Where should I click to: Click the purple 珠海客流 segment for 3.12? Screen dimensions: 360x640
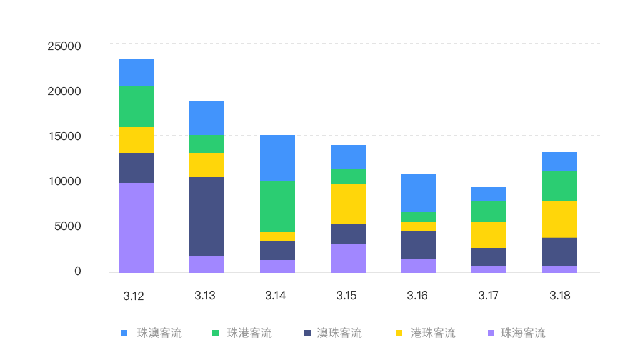[136, 227]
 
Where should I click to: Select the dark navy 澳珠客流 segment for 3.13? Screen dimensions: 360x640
[207, 216]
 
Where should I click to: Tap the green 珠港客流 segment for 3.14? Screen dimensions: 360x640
[277, 206]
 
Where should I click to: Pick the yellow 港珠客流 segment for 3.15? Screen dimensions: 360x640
[348, 204]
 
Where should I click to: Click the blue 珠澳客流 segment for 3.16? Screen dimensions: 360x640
[418, 192]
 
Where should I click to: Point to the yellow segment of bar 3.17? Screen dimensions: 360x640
[489, 235]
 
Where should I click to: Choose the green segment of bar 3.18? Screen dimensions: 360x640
[559, 186]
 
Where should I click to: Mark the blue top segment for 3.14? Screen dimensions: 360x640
[277, 157]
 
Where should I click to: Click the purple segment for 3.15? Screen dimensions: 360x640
[348, 258]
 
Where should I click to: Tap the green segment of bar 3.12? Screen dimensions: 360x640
[136, 106]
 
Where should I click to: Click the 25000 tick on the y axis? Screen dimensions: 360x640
[64, 46]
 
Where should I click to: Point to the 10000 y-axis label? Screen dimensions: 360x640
[64, 181]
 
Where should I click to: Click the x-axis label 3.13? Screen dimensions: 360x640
[205, 296]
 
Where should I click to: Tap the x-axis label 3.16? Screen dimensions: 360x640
[417, 296]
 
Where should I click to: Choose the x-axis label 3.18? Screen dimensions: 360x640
[560, 296]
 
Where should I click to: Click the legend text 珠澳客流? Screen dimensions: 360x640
[159, 333]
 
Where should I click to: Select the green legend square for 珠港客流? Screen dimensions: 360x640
[216, 333]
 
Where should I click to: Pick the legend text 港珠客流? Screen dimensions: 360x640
[433, 333]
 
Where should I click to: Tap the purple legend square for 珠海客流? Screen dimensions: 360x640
[490, 333]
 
